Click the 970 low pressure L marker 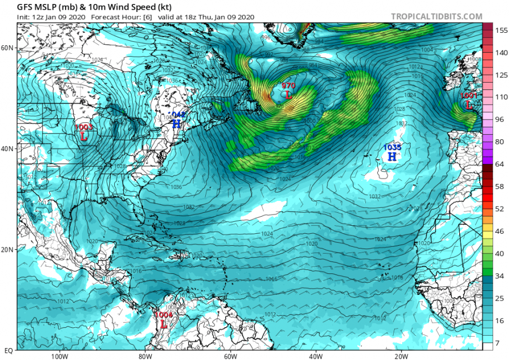(289, 95)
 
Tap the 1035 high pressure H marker (392, 156)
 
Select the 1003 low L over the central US (84, 136)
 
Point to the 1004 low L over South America (163, 324)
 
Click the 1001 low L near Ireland (469, 105)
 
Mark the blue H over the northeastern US (176, 123)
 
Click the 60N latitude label (8, 48)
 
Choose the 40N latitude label (8, 148)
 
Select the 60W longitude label (230, 357)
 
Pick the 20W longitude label (401, 357)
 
